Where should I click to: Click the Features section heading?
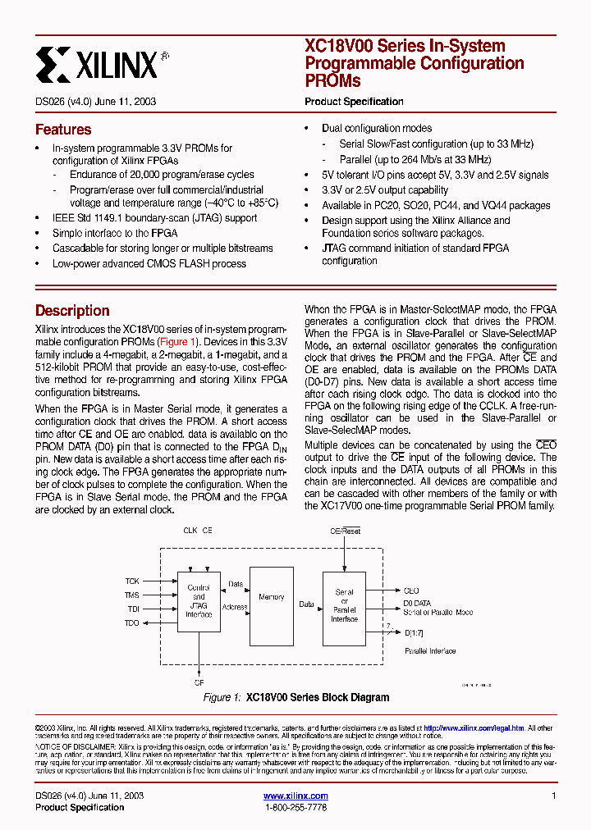coord(63,130)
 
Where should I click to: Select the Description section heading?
coord(72,311)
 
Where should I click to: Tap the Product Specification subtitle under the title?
coord(354,102)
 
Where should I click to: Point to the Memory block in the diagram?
coord(271,597)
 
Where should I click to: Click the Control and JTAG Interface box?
coord(199,601)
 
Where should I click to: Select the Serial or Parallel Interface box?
coord(345,605)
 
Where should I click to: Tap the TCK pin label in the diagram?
coord(132,581)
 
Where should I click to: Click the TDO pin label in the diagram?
coord(132,623)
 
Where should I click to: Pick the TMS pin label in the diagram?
coord(132,595)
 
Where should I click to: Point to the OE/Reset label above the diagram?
coord(345,531)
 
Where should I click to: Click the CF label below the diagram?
coord(199,682)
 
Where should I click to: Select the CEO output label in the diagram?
coord(410,591)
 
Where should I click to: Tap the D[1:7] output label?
coord(415,632)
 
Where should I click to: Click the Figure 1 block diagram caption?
coord(295,698)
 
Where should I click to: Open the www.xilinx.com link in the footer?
coord(295,796)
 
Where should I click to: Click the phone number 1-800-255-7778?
coord(295,808)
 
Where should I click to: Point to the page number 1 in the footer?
coord(553,796)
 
